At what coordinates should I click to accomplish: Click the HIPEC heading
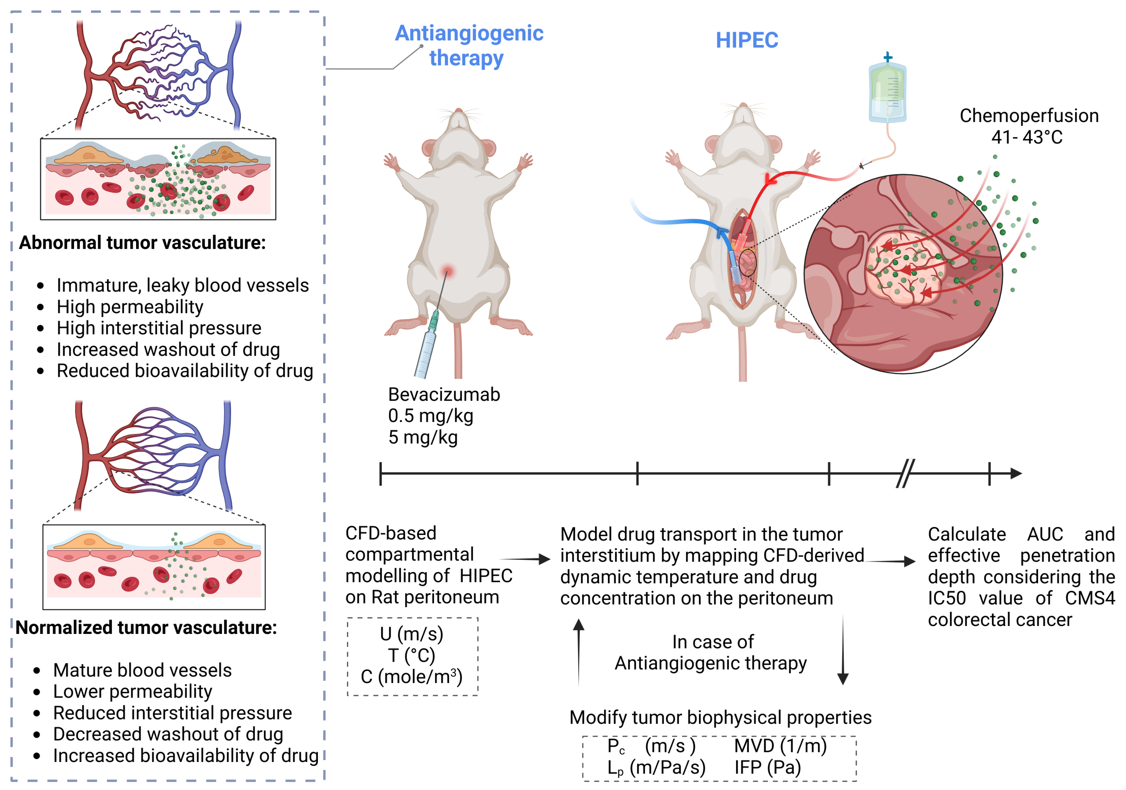[746, 40]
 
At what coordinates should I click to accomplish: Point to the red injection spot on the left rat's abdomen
[447, 271]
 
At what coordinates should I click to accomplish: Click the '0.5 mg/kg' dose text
[431, 416]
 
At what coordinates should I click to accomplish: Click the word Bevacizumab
[444, 394]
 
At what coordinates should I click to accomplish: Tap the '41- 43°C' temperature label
[1027, 137]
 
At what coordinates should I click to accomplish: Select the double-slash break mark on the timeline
[905, 473]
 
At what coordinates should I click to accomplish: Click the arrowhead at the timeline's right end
[1016, 473]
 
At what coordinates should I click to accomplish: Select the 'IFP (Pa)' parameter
[768, 767]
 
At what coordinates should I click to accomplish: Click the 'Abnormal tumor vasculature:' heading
[142, 243]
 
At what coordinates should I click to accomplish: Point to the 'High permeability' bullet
[130, 307]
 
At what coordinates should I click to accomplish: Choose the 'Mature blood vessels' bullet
[142, 670]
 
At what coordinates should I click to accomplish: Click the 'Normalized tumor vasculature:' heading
[146, 627]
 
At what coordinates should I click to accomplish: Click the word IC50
[947, 598]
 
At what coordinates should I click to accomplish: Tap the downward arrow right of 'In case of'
[843, 652]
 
